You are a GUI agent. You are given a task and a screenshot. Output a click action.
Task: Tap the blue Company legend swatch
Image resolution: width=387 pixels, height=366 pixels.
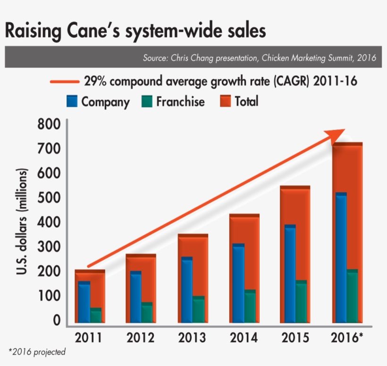coord(71,101)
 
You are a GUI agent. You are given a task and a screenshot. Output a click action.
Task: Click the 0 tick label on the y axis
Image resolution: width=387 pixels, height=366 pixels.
coord(57,321)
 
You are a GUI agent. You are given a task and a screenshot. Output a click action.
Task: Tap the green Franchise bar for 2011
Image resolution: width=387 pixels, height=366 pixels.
coord(96,315)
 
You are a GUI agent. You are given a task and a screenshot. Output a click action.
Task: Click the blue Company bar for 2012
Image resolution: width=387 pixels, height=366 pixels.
coord(135,297)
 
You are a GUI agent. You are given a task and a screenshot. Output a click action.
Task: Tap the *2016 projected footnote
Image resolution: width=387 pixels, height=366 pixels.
coord(37,352)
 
